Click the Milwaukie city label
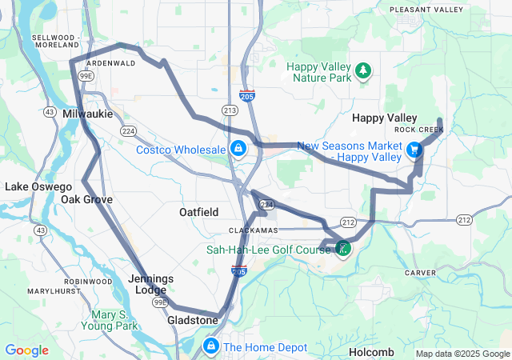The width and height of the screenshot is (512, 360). pyautogui.click(x=87, y=114)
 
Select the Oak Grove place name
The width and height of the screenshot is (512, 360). pyautogui.click(x=86, y=199)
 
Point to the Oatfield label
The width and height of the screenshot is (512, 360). pyautogui.click(x=198, y=212)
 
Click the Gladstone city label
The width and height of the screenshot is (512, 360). pyautogui.click(x=192, y=320)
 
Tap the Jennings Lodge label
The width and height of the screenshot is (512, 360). pyautogui.click(x=150, y=284)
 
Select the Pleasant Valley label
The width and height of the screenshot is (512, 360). pyautogui.click(x=426, y=10)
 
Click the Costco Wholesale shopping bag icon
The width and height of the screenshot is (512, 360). pyautogui.click(x=238, y=149)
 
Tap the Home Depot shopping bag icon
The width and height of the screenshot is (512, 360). pyautogui.click(x=210, y=346)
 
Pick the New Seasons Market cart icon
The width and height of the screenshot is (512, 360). pyautogui.click(x=414, y=150)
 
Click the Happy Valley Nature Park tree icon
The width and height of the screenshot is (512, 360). pyautogui.click(x=363, y=71)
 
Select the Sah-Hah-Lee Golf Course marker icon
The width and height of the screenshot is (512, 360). pyautogui.click(x=342, y=248)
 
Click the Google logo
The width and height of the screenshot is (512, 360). pyautogui.click(x=26, y=350)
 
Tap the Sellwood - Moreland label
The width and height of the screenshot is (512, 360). pyautogui.click(x=56, y=42)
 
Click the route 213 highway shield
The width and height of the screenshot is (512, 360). pyautogui.click(x=230, y=110)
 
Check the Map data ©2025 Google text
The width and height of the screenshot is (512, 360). pyautogui.click(x=462, y=354)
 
